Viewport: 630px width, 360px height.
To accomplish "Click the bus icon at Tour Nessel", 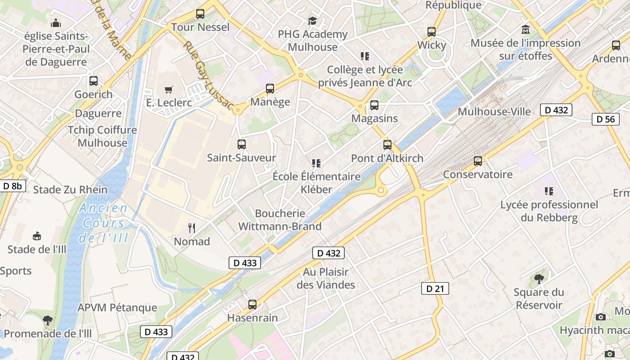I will (200, 14).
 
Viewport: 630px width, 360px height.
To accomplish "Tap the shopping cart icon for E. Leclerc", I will (169, 90).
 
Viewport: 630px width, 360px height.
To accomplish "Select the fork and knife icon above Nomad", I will (192, 228).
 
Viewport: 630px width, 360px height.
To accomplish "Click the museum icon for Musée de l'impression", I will (525, 30).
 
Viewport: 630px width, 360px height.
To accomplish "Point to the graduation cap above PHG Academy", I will (312, 21).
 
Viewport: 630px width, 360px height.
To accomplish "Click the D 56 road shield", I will (605, 119).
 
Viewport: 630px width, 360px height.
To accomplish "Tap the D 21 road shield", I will (435, 288).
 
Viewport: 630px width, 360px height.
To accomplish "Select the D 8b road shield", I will (13, 185).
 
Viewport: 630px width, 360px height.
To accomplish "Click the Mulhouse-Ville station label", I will (494, 112).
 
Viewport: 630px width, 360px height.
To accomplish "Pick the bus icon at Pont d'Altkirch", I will (387, 145).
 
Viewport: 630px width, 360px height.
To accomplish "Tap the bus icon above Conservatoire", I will (478, 161).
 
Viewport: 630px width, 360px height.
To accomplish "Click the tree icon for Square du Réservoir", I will (539, 279).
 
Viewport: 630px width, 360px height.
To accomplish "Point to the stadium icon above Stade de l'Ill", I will (37, 236).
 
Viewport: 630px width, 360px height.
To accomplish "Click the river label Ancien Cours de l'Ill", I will (103, 223).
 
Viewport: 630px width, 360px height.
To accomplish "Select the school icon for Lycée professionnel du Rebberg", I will (549, 191).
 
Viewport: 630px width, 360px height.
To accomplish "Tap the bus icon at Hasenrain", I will (252, 305).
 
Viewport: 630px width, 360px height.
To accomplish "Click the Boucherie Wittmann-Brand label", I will (280, 220).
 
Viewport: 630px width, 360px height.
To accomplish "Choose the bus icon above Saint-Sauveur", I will (241, 144).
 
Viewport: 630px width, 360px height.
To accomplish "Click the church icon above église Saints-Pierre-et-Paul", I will (56, 22).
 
